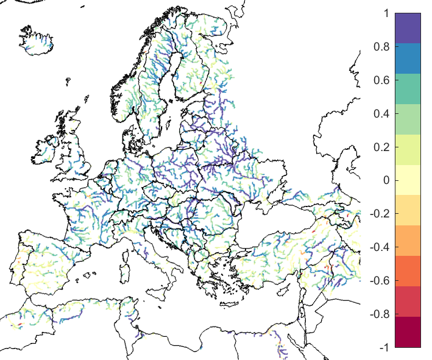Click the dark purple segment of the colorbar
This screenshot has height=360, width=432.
[x=408, y=28]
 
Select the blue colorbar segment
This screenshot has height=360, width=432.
[x=408, y=58]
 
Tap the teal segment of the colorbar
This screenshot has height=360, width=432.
[x=408, y=89]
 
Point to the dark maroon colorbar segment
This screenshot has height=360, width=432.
[x=408, y=332]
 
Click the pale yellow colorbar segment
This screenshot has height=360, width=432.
[x=408, y=180]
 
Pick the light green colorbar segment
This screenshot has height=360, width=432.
[x=408, y=119]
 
